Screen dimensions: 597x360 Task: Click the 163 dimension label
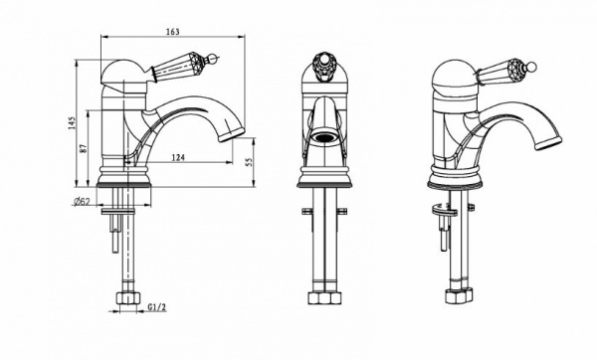tap(172, 32)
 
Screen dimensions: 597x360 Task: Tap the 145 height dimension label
tap(72, 123)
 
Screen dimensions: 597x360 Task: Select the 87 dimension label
tap(84, 148)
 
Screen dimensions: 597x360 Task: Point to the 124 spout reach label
tap(178, 157)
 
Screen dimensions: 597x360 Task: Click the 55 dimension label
tap(250, 162)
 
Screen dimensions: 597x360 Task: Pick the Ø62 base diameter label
tap(82, 202)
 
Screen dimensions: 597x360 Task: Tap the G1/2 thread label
tap(157, 307)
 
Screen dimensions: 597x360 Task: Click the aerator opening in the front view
tap(324, 138)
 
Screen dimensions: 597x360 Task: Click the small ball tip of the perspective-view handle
tap(532, 67)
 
